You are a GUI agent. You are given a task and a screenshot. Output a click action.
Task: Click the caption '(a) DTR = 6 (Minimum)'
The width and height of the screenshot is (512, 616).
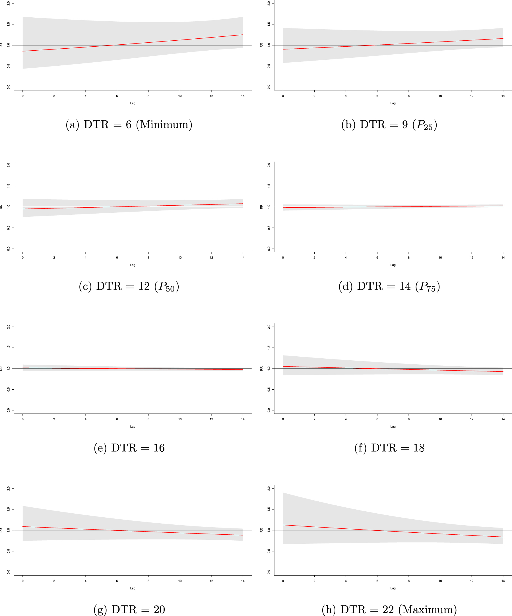129,125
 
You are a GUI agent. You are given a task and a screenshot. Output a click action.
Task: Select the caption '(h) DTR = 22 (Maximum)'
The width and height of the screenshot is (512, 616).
389,609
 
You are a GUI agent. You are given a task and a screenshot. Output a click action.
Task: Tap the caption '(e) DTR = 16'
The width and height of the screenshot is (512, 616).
129,448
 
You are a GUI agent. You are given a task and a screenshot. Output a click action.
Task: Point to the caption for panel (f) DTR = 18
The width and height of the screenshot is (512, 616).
389,448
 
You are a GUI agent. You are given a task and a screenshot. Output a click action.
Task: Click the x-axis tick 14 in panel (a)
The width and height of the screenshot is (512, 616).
243,96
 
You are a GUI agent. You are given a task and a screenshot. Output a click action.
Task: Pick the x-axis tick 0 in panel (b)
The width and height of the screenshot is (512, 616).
283,96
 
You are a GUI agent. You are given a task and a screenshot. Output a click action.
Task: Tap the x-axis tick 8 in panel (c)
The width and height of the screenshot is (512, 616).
148,258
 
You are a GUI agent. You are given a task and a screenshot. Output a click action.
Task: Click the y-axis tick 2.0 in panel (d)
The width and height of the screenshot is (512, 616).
269,165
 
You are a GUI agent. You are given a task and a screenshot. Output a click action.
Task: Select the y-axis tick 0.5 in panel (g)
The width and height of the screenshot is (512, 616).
9,551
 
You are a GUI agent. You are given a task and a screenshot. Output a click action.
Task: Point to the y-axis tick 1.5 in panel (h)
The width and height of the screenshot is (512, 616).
269,509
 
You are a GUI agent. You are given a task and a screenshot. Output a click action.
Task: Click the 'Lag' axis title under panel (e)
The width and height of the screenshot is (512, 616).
133,427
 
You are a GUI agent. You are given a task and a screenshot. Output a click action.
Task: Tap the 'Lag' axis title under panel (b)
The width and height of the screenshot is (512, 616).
393,103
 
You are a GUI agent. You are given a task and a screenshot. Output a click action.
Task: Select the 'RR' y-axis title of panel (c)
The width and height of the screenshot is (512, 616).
1,207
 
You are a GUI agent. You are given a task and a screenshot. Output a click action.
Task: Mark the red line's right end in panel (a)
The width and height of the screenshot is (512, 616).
243,35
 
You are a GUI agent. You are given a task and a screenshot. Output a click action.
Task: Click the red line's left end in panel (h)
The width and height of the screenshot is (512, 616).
283,525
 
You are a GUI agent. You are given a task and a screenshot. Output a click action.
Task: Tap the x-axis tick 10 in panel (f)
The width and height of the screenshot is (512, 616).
440,419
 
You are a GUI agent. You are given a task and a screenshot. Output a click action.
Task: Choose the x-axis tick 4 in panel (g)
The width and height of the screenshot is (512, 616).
85,581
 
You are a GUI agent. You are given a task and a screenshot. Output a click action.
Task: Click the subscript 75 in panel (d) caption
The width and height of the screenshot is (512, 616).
431,289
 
